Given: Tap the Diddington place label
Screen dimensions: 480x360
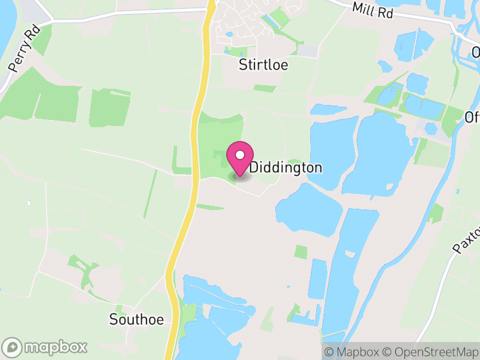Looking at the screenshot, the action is [x=286, y=167].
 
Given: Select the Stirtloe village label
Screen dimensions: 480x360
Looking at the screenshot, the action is [x=263, y=64].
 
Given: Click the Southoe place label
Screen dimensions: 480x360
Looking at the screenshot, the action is [x=137, y=319].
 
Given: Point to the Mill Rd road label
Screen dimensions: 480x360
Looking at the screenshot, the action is [x=373, y=10].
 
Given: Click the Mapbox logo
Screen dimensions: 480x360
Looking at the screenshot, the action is [x=46, y=347].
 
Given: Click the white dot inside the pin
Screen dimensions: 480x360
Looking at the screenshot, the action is [x=240, y=155].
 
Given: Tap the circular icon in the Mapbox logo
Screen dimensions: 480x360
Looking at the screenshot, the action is [x=13, y=347].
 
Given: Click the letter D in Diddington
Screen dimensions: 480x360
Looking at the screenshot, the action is [x=254, y=167].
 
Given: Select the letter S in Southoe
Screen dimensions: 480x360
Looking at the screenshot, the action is [x=113, y=319].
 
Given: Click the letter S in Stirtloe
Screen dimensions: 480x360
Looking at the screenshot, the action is [x=243, y=64].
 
